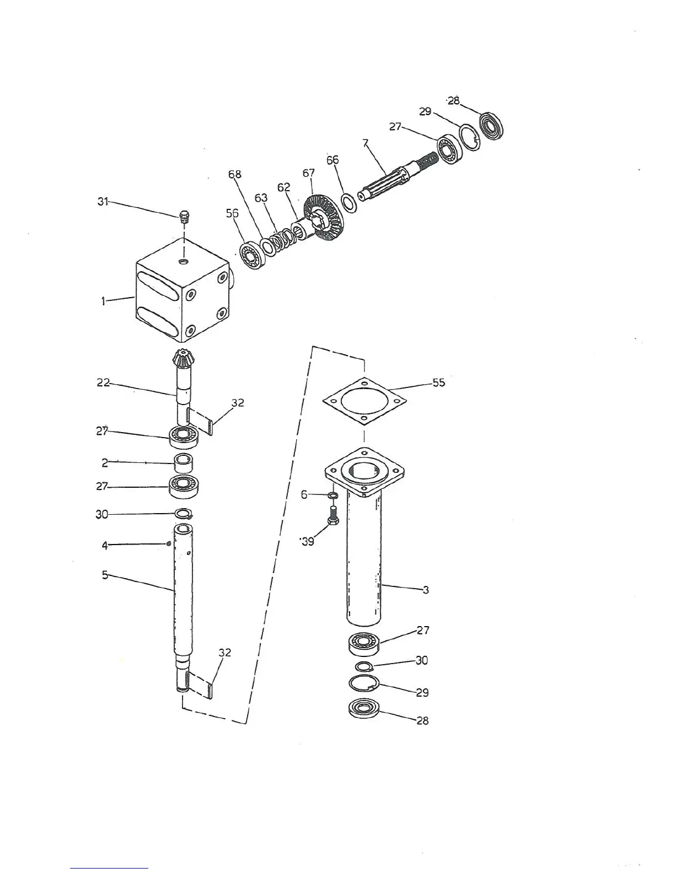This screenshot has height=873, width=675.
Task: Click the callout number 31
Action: [x=103, y=202]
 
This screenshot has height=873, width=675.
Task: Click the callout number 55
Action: [x=438, y=382]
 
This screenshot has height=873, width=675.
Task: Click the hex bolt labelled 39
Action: [x=333, y=517]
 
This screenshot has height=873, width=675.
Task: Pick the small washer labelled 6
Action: [x=333, y=495]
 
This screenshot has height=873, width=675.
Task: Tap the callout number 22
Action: [x=103, y=382]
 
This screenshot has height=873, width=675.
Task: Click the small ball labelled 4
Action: [x=169, y=545]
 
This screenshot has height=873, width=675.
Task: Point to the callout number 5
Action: [x=105, y=575]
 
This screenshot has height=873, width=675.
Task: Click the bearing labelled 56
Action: [x=254, y=255]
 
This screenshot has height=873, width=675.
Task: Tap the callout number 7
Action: [x=365, y=143]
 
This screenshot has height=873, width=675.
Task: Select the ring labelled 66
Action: [x=349, y=202]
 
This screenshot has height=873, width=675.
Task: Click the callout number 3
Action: [x=425, y=590]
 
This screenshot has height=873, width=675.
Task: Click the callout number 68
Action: [x=234, y=175]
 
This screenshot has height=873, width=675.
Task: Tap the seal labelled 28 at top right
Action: [x=491, y=126]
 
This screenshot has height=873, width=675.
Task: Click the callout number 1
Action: [x=103, y=301]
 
